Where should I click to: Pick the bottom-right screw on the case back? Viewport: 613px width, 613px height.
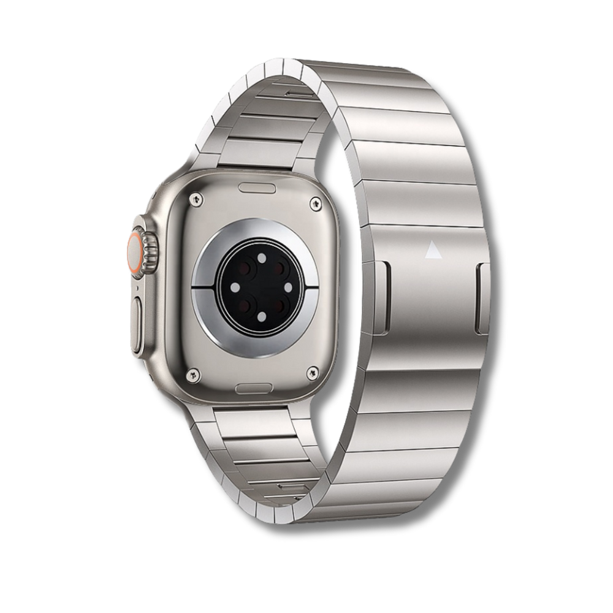[x=315, y=371]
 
